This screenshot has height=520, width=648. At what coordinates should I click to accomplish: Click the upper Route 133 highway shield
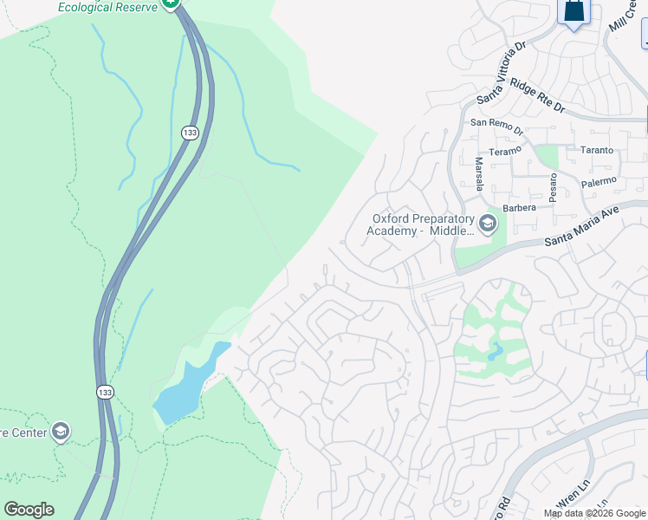click(x=190, y=133)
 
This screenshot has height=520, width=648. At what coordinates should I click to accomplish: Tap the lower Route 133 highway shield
click(x=104, y=393)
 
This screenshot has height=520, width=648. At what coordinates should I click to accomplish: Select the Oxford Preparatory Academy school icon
click(x=487, y=224)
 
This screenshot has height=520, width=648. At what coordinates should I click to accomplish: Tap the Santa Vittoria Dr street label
click(x=502, y=72)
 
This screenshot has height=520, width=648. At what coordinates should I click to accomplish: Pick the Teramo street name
click(x=504, y=150)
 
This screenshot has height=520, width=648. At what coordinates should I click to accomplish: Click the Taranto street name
click(x=597, y=150)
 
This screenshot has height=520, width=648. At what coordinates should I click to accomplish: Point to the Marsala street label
click(x=478, y=174)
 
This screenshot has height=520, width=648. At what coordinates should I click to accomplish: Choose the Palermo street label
click(x=598, y=180)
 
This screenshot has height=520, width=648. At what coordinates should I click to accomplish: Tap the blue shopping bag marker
click(x=573, y=11)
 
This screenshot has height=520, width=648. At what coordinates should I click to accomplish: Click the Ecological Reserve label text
click(x=107, y=7)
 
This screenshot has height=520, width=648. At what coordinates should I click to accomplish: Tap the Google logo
click(x=29, y=510)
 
